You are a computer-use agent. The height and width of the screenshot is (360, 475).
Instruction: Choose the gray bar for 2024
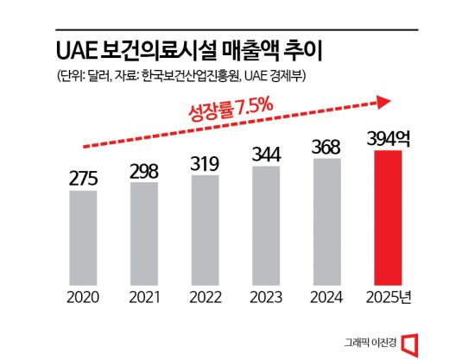(328, 221)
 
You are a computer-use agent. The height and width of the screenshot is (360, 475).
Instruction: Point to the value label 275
(84, 180)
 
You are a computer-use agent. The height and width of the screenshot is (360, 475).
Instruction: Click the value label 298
(144, 171)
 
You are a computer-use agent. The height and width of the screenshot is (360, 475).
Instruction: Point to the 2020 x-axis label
(84, 298)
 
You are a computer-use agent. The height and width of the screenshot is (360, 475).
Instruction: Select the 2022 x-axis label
(206, 298)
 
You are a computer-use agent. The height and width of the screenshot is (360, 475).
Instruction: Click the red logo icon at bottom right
(411, 340)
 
